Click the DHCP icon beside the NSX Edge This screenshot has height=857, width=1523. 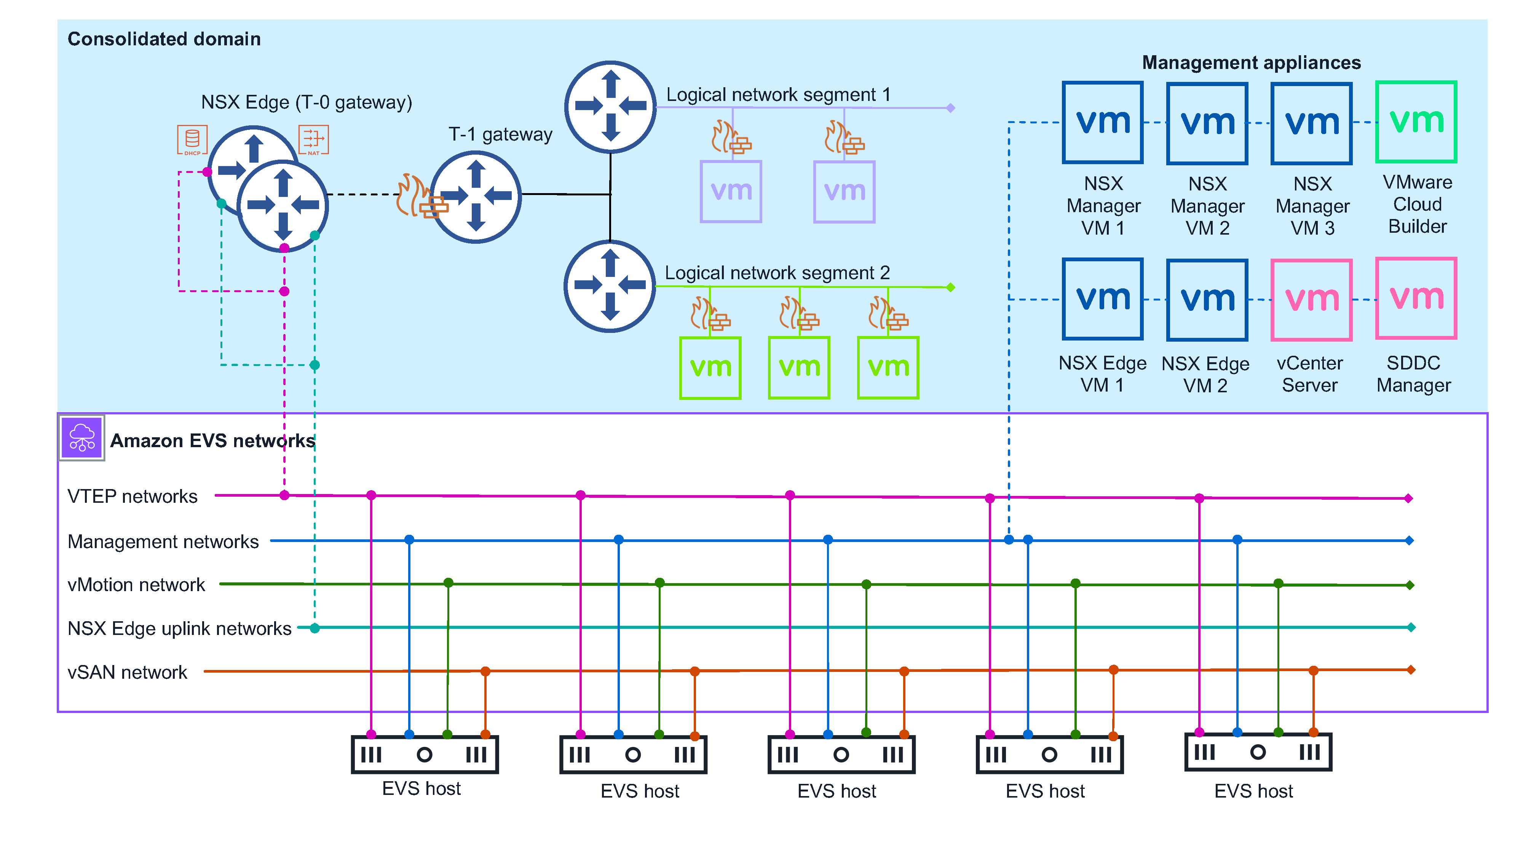tap(192, 139)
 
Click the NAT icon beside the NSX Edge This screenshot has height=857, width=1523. tap(313, 139)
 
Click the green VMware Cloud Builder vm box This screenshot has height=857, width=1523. tap(1416, 122)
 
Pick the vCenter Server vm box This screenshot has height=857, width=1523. tap(1311, 299)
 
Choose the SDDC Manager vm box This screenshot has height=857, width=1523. tap(1416, 298)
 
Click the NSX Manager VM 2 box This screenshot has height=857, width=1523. tap(1207, 123)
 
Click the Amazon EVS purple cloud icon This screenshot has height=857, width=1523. tap(81, 438)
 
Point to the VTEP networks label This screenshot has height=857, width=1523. tap(133, 496)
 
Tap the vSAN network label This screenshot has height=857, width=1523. tap(127, 673)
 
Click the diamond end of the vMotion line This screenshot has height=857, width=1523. tap(1410, 585)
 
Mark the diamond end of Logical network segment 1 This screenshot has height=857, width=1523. tap(951, 108)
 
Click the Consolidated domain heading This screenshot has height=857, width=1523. tap(164, 39)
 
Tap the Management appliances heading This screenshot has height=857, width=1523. tap(1251, 63)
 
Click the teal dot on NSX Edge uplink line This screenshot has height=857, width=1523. tap(315, 628)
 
